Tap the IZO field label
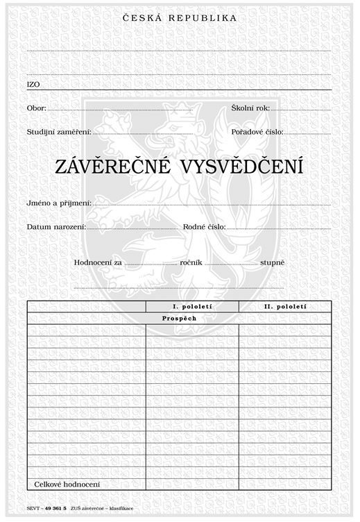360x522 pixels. (x=33, y=84)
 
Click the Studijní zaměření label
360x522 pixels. (x=59, y=131)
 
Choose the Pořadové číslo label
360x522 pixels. (x=257, y=131)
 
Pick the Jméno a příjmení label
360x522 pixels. (x=59, y=203)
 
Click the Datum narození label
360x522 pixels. (x=56, y=227)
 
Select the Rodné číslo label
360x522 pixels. (x=204, y=227)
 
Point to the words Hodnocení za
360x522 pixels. (x=98, y=263)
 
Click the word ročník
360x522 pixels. (x=190, y=263)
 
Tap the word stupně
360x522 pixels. (x=271, y=263)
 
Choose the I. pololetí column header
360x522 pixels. (x=192, y=306)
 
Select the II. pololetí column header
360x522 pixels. (x=285, y=306)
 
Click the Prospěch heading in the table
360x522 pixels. (x=180, y=318)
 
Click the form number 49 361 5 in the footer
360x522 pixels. (x=55, y=509)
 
